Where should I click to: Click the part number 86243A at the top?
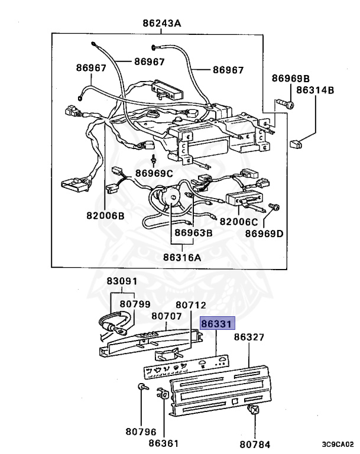[161, 24]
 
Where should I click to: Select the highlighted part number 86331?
[218, 324]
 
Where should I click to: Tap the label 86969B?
[291, 79]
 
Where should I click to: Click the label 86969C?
[154, 173]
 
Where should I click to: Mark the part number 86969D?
[264, 234]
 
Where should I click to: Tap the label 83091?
[121, 282]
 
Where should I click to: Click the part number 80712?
[191, 305]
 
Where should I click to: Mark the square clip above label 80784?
[254, 411]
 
